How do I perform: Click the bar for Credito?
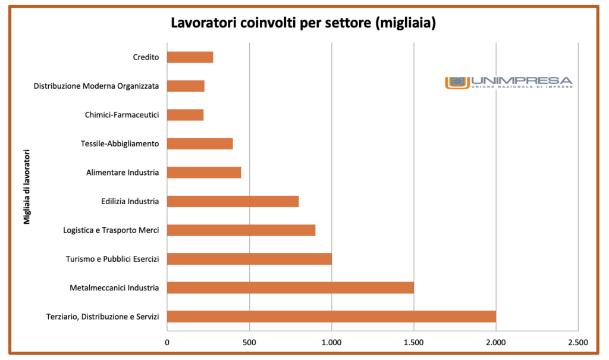click(190, 57)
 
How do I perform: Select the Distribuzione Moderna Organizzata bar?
click(186, 86)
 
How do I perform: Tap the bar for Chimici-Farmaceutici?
click(185, 115)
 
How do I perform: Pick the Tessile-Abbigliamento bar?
click(200, 143)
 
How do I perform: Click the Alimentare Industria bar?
click(204, 173)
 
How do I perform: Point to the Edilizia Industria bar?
click(233, 201)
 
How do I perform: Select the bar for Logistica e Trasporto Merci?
click(241, 230)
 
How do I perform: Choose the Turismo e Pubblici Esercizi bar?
click(249, 259)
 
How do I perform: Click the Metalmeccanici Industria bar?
click(290, 288)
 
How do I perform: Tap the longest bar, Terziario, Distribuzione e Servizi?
click(331, 317)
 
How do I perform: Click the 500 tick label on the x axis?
click(249, 342)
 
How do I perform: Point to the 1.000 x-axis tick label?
click(331, 342)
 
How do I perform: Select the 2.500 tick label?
click(577, 342)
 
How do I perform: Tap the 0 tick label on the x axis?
click(167, 342)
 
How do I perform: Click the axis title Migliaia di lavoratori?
click(27, 187)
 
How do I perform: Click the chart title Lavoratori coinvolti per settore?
click(304, 23)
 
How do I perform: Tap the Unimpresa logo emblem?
click(457, 82)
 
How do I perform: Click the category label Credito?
click(146, 57)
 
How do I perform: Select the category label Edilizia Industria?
click(130, 201)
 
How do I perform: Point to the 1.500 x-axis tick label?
click(413, 342)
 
